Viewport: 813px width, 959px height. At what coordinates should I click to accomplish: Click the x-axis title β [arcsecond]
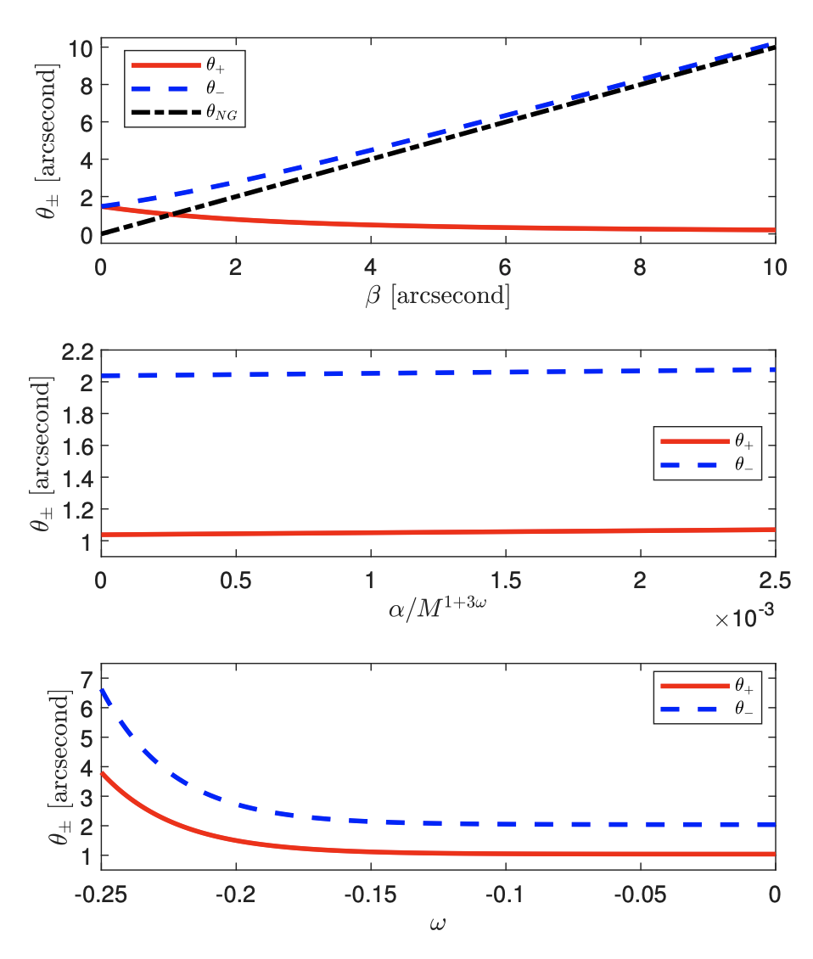coord(438,297)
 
